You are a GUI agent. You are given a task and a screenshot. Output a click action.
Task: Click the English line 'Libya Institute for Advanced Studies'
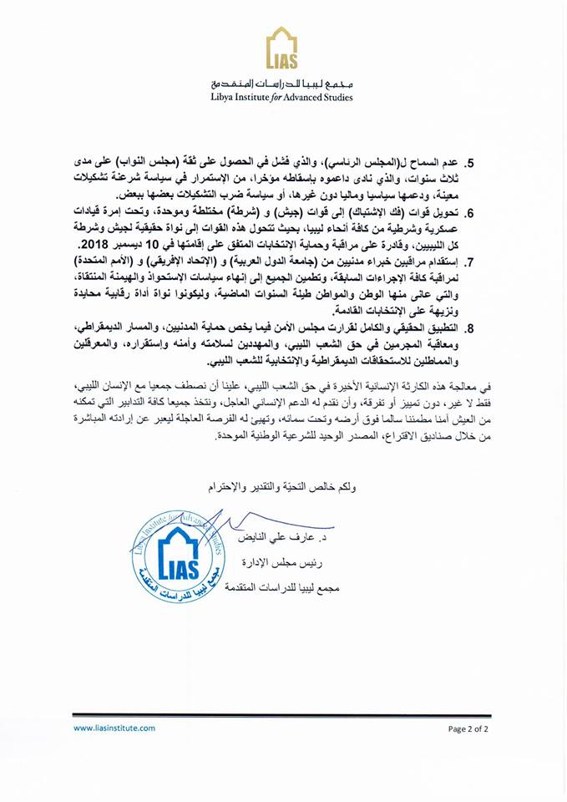[x=281, y=97]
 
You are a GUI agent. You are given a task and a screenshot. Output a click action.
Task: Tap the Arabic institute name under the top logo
[x=281, y=84]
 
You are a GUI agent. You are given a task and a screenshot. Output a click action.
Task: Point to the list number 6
[x=494, y=213]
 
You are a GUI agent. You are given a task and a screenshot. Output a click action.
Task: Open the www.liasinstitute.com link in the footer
[x=114, y=728]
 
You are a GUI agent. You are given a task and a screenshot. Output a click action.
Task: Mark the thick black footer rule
[x=283, y=714]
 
